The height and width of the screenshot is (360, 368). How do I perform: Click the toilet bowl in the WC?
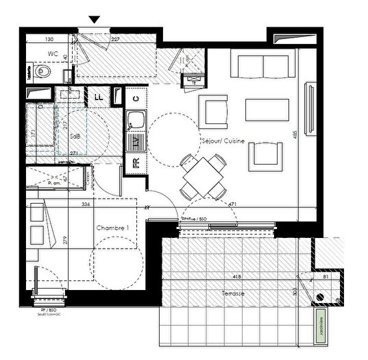point(43,71)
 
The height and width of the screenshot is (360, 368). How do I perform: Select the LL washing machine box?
point(99,97)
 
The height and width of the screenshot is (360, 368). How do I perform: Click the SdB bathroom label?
point(74,136)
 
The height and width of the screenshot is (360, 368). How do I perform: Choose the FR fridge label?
point(136,163)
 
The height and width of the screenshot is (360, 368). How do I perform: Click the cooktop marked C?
point(136,99)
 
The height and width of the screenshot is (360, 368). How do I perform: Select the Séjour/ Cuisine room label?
point(224,141)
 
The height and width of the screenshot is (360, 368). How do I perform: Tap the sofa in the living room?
point(264,67)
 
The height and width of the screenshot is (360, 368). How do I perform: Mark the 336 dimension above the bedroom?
point(85,204)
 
